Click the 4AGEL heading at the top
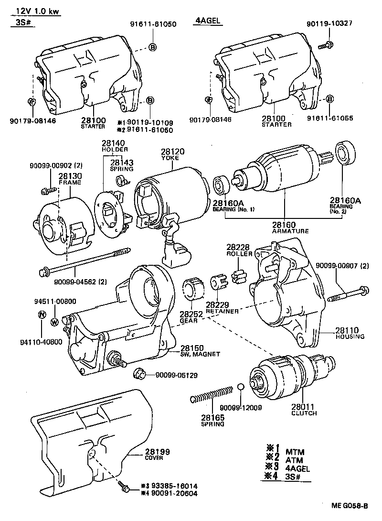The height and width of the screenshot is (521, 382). coord(208,21)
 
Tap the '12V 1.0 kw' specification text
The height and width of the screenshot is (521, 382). coord(35,12)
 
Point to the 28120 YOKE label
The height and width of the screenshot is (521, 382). coord(172,154)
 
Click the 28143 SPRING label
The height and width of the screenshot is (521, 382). coord(122,165)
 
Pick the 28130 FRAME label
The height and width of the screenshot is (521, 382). coord(69,179)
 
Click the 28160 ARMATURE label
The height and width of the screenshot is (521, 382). coord(290,227)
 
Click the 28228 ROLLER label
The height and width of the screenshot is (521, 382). coord(238,250)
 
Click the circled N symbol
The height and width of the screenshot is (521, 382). coord(42,315)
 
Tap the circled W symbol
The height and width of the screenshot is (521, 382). coord(54,321)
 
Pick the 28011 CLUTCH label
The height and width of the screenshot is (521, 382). coord(304,410)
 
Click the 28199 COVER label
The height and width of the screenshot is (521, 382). coord(157,454)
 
